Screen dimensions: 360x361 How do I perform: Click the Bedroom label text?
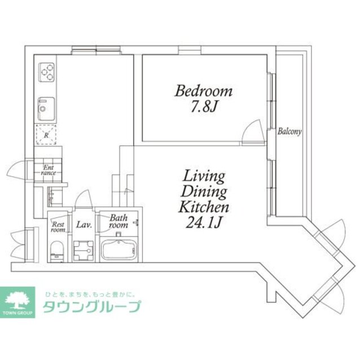pyautogui.click(x=203, y=91)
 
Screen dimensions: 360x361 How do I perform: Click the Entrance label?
pyautogui.click(x=49, y=170)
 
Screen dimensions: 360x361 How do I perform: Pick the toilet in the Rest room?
pyautogui.click(x=56, y=250)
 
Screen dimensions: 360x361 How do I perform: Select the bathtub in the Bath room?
pyautogui.click(x=119, y=249)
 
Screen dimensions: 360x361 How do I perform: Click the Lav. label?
pyautogui.click(x=83, y=225)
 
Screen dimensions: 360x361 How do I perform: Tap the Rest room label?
pyautogui.click(x=58, y=226)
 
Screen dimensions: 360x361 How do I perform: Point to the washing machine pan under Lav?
pyautogui.click(x=83, y=249)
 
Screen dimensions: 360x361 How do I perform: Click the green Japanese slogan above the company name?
pyautogui.click(x=90, y=294)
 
